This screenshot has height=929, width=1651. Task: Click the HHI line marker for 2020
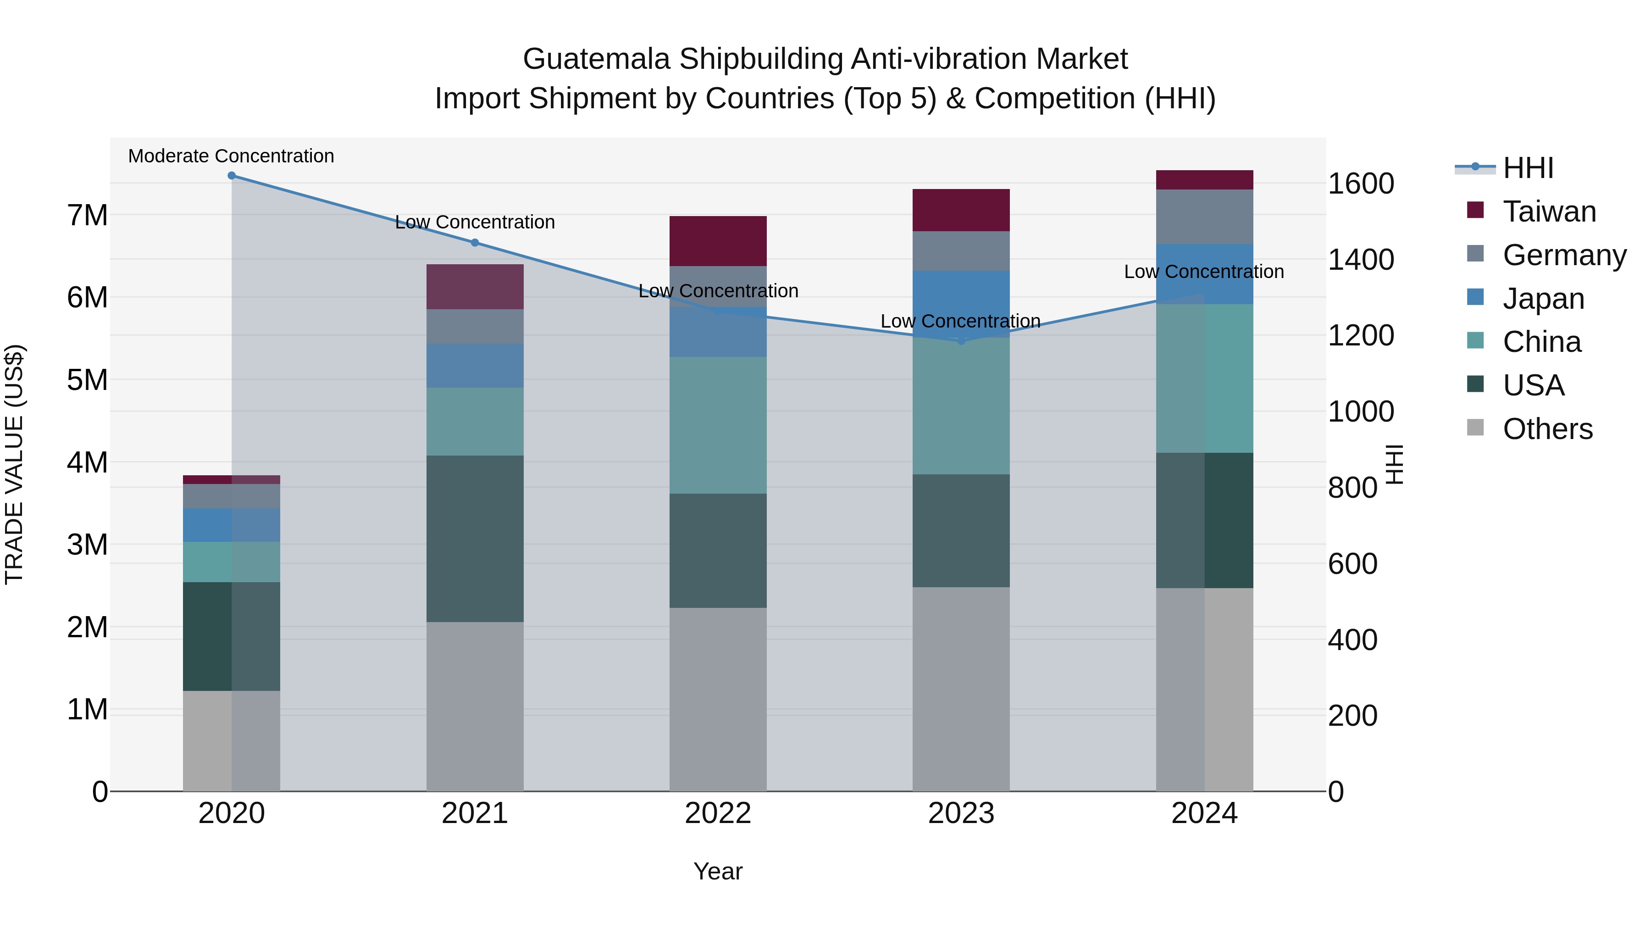(232, 176)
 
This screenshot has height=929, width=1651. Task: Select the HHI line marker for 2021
(475, 242)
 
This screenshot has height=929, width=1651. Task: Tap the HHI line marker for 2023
(961, 341)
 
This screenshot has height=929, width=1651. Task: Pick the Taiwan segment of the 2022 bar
(718, 241)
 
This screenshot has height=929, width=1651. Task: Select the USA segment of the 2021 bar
(475, 539)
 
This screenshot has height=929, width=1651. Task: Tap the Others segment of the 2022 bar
(718, 699)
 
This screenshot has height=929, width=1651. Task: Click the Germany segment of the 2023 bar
(961, 250)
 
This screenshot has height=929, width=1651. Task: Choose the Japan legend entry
(1543, 299)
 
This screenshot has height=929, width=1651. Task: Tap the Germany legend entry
(1564, 255)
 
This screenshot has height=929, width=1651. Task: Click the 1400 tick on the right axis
(1360, 260)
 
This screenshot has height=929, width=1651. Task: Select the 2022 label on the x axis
(718, 813)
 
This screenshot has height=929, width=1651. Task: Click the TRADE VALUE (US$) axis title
(14, 464)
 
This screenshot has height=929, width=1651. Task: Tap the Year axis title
(718, 871)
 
